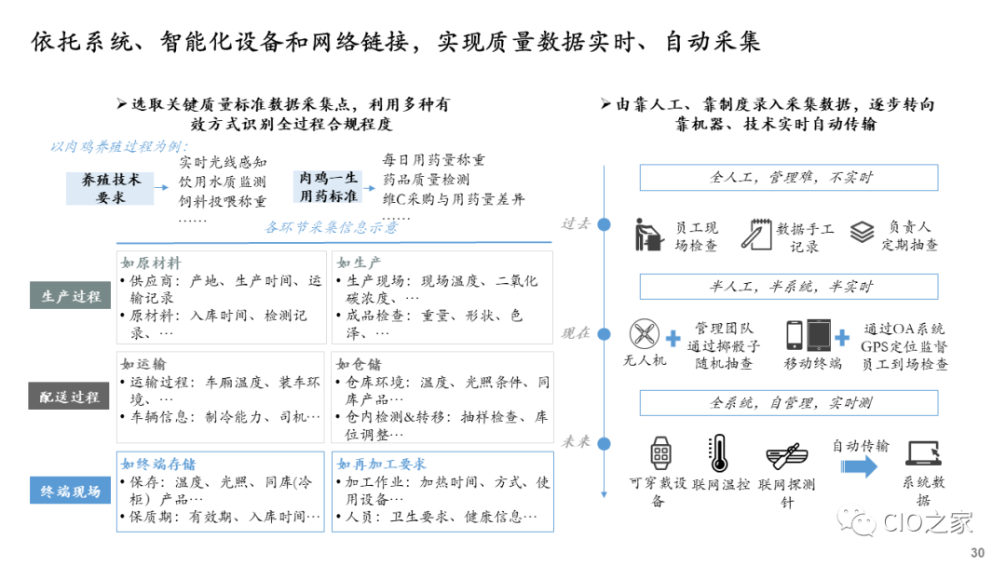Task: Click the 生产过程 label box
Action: [x=71, y=297]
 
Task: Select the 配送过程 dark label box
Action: [x=71, y=397]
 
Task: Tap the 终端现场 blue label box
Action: [x=71, y=491]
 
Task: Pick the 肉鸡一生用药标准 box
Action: [x=328, y=187]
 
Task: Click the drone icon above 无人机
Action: [x=644, y=334]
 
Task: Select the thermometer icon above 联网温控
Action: [x=718, y=453]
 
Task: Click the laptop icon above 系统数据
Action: [x=922, y=453]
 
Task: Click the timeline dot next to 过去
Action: [x=604, y=224]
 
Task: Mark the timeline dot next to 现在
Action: [x=604, y=332]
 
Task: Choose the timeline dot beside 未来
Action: [x=604, y=442]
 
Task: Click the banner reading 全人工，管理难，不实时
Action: [x=788, y=178]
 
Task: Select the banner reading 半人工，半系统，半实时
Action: [x=788, y=286]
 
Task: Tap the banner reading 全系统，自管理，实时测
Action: [x=788, y=403]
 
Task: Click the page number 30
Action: [x=977, y=553]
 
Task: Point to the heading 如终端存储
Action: [x=158, y=464]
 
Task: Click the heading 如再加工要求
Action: [x=381, y=464]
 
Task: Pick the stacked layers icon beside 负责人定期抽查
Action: [x=862, y=232]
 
